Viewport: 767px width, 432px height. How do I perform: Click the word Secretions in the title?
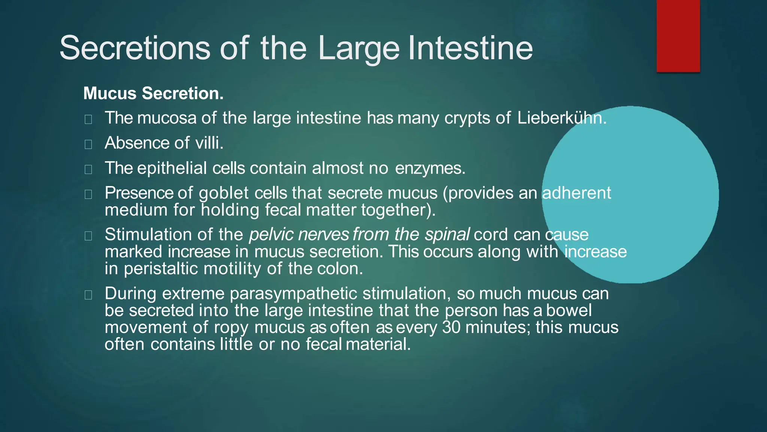tap(135, 48)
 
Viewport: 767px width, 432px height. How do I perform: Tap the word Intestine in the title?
tap(470, 48)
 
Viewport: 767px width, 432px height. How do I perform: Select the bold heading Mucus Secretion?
tap(153, 93)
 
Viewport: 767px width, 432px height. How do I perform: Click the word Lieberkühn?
tap(561, 118)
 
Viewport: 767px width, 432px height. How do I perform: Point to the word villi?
tap(209, 143)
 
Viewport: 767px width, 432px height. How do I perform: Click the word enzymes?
tap(430, 168)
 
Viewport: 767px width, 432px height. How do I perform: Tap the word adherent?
tap(576, 193)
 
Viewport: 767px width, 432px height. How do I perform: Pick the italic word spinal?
tap(447, 235)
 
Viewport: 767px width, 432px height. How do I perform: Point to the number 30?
tap(451, 327)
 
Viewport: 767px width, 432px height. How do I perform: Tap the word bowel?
tap(569, 310)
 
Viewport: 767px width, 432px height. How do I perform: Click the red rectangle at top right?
tap(678, 36)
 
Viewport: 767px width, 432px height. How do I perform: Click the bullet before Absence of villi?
tap(88, 144)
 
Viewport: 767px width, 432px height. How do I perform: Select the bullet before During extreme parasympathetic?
tap(88, 295)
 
